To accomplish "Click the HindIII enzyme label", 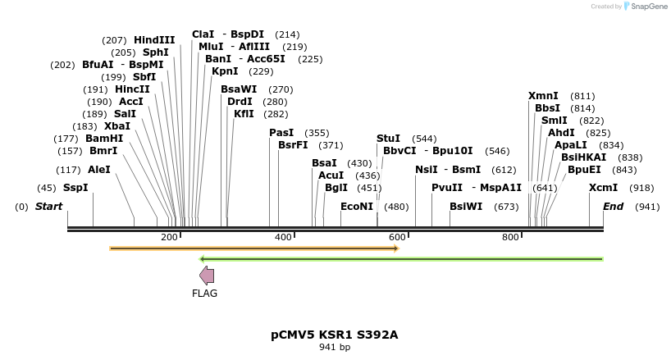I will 154,39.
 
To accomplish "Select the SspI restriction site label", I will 75,188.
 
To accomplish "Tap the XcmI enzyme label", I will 603,188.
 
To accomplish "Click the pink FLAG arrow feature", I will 207,276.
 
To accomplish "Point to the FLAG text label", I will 204,294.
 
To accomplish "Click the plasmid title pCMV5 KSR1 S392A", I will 335,335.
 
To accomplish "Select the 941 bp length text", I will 335,348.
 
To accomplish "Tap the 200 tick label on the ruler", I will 169,237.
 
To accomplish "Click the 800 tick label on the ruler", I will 510,237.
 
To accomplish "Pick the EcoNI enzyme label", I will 357,207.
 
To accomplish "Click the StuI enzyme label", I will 388,138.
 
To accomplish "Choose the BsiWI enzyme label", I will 466,207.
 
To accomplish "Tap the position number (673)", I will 506,207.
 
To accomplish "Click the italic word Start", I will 48,207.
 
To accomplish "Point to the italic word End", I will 614,207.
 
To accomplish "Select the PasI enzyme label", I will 281,133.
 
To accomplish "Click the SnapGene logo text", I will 648,7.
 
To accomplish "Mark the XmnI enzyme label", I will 543,96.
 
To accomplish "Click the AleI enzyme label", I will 98,170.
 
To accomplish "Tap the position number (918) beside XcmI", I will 642,188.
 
